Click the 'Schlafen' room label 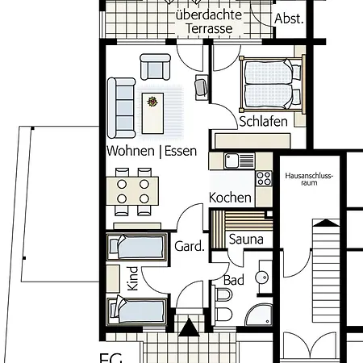[263, 122]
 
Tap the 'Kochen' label [230, 198]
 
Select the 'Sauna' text [246, 239]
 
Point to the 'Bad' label [234, 280]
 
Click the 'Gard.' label [190, 246]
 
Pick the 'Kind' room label [133, 278]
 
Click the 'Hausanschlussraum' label [309, 179]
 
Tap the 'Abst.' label [289, 19]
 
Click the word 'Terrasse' [209, 28]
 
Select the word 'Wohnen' [131, 151]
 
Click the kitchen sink [232, 161]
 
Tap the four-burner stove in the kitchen [264, 178]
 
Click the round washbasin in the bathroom [262, 277]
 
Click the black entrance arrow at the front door [189, 327]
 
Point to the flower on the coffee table [152, 102]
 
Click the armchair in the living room [156, 67]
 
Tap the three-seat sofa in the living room [121, 108]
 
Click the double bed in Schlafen [273, 85]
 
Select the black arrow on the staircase [326, 223]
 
